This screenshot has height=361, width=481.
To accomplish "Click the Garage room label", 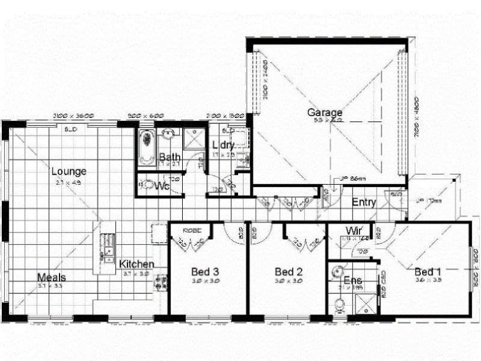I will coord(325,113).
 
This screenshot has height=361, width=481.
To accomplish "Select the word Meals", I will coord(52,277).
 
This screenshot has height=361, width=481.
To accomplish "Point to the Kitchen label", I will coord(136,264).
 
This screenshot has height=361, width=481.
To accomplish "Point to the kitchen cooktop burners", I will coord(161,282).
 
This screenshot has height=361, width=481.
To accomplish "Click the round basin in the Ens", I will coord(339,270).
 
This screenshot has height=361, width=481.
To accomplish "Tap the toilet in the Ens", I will coord(340,306).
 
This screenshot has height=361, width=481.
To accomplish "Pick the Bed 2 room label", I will coord(287,271).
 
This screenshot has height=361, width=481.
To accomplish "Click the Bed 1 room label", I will coord(429,271).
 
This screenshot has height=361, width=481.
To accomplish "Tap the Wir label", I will coord(353,230).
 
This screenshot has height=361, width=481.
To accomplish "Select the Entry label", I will coord(364,202).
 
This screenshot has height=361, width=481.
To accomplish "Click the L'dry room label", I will coord(223,146).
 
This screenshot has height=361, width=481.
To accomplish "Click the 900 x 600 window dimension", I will coord(146,116).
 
